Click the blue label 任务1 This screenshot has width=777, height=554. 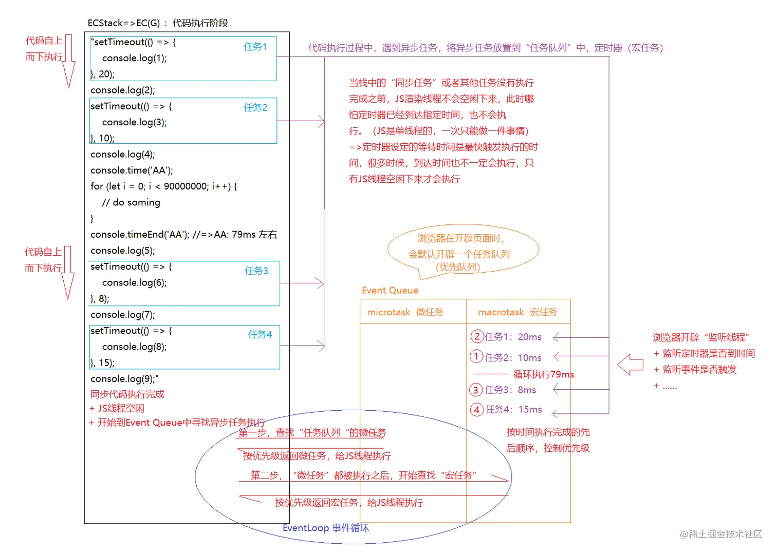click(x=255, y=47)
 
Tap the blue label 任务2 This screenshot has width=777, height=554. click(x=255, y=107)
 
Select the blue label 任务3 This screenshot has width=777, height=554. click(x=256, y=271)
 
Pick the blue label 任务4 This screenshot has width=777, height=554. click(x=260, y=334)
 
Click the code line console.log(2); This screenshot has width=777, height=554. click(x=122, y=90)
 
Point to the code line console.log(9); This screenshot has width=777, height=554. click(x=124, y=379)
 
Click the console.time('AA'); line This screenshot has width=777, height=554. click(x=132, y=170)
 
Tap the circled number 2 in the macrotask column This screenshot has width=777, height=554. click(x=477, y=337)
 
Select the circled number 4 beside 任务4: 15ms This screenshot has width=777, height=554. click(x=477, y=409)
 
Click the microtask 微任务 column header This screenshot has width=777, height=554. click(x=405, y=312)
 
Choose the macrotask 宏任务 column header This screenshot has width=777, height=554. click(x=517, y=312)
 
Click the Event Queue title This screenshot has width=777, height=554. click(x=390, y=291)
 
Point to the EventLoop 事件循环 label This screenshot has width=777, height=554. click(x=325, y=528)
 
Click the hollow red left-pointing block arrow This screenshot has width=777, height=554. click(x=630, y=365)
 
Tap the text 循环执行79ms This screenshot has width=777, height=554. click(x=543, y=374)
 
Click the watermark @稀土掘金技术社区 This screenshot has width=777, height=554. click(x=720, y=534)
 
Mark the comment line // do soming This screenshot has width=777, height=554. click(x=131, y=203)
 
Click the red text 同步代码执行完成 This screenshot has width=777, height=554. click(x=127, y=394)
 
